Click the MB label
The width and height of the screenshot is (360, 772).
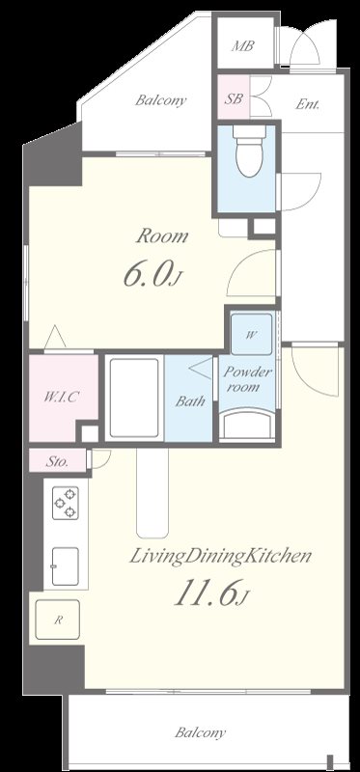point(243,46)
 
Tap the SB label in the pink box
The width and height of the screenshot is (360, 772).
point(234,98)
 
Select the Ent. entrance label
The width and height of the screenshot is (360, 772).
point(308,104)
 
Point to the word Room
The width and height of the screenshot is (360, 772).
point(162,236)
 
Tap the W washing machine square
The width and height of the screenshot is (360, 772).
point(251,334)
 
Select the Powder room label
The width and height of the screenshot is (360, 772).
point(246,379)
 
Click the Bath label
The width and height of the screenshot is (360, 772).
point(190,401)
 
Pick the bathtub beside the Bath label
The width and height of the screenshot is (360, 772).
point(134,398)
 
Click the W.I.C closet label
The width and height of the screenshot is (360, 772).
point(61,397)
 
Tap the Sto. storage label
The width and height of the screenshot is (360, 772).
point(57,462)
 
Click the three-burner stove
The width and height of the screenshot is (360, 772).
point(66,503)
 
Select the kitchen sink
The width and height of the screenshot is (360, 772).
point(65,566)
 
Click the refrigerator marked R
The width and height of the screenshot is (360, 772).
point(57,620)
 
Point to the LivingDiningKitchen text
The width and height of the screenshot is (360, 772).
point(221,557)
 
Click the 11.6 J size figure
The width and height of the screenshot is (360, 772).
point(209,593)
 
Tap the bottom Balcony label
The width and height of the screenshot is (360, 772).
point(201,732)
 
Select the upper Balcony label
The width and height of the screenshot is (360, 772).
point(161,100)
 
